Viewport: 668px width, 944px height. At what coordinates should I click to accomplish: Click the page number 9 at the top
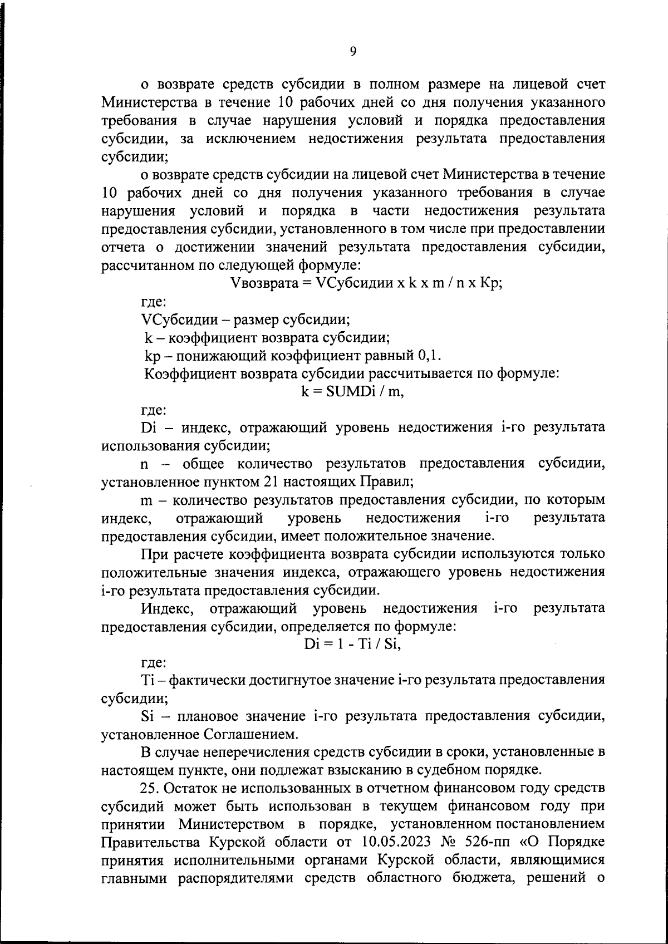(x=353, y=52)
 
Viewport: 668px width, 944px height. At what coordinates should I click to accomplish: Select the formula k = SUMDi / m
(x=352, y=391)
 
